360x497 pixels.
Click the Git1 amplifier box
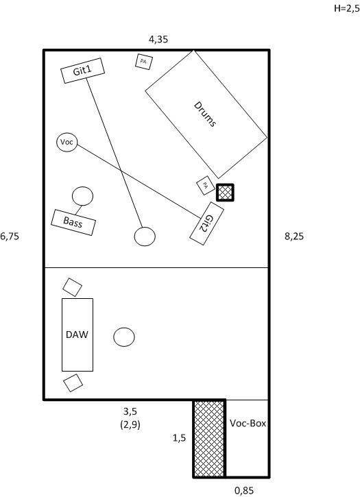82,71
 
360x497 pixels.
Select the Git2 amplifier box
207,223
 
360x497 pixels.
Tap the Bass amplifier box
73,222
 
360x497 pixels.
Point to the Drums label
205,114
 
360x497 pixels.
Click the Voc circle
67,142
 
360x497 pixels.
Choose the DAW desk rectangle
77,335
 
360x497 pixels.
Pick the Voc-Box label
248,423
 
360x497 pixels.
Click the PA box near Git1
144,62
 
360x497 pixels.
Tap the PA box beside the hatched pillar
206,185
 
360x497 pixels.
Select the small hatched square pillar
225,193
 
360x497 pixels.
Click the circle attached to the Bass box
82,196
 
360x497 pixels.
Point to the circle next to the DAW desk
124,337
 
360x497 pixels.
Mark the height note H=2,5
347,8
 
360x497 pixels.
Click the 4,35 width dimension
158,39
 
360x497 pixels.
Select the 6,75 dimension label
10,236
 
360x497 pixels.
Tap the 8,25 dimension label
294,236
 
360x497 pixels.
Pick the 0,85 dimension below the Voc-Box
244,491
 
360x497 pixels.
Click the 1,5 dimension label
179,438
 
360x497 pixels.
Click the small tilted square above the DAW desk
72,287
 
